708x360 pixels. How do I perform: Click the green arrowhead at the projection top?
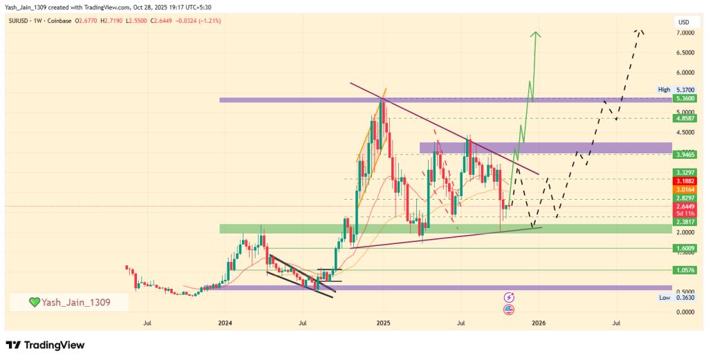[534, 35]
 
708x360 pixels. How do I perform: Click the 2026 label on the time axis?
[538, 322]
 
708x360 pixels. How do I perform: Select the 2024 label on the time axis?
[225, 322]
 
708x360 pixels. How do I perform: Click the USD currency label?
[684, 23]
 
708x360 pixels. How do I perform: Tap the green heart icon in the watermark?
[34, 303]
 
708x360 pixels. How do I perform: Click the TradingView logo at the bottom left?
[45, 345]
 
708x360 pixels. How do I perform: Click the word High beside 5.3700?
[664, 90]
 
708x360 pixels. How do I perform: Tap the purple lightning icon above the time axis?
[510, 296]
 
